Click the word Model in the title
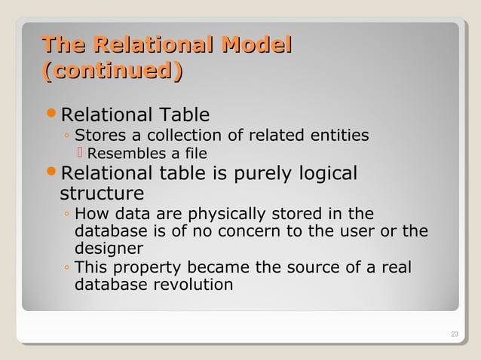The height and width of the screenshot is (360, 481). click(256, 44)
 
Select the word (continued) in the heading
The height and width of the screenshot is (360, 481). click(113, 73)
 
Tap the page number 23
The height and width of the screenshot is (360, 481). click(454, 334)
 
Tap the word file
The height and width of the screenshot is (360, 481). click(195, 155)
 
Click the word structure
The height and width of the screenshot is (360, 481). click(101, 194)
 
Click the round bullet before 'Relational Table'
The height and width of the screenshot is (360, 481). click(51, 115)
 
